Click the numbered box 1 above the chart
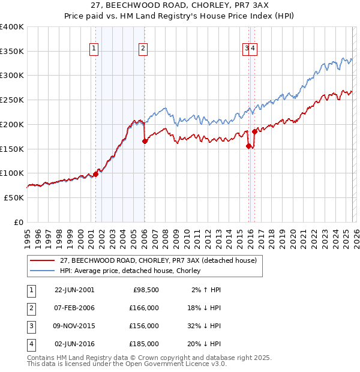tap(95, 49)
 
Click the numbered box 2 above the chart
tap(144, 49)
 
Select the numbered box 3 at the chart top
tap(247, 49)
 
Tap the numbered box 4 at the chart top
tap(253, 49)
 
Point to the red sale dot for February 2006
tap(145, 142)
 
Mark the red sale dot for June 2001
tap(95, 175)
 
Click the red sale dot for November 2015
tap(248, 146)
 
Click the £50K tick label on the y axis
tap(14, 197)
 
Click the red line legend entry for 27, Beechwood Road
tap(158, 260)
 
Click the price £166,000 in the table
tap(144, 308)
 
